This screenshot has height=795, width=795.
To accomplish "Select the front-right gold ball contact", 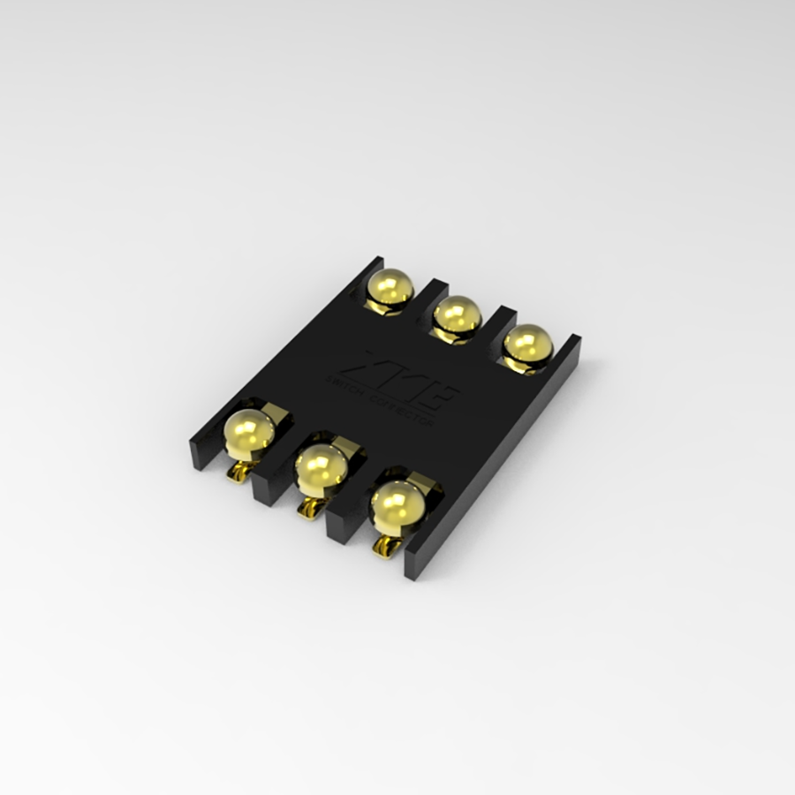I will (x=397, y=505).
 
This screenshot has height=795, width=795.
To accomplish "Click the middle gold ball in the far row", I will (x=458, y=315).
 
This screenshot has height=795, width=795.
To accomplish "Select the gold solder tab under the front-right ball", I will (x=384, y=549).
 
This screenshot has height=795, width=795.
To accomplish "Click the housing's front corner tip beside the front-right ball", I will (x=414, y=565).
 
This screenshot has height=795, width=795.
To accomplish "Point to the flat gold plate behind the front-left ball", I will (x=275, y=411).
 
